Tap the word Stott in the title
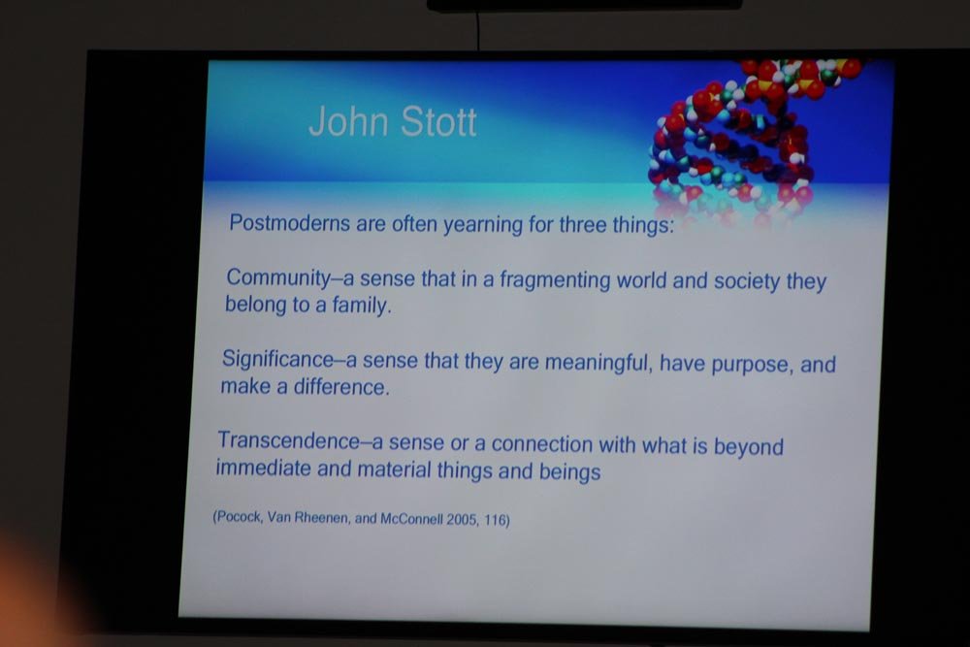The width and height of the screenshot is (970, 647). pos(439,121)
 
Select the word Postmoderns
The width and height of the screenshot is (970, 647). pos(289,222)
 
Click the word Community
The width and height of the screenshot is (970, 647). pos(278,278)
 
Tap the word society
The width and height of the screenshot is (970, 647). pos(747,282)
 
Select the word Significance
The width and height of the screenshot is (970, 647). pos(277,359)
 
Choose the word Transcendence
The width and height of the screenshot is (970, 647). pos(289,440)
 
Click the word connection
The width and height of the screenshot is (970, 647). pos(542,444)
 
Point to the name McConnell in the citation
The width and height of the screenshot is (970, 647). pos(411,519)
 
